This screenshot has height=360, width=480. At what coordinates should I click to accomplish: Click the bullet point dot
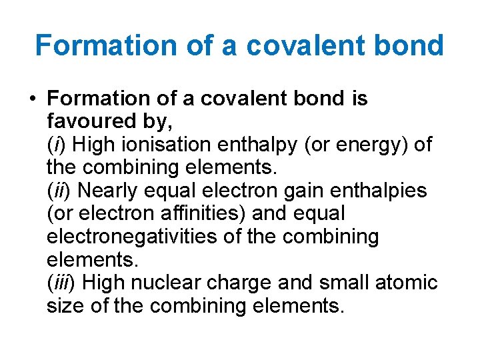(32, 99)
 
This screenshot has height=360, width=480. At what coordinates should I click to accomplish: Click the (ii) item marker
(60, 191)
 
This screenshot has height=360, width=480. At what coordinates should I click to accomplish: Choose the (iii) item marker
(62, 283)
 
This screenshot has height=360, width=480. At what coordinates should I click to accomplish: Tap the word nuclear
(171, 283)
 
